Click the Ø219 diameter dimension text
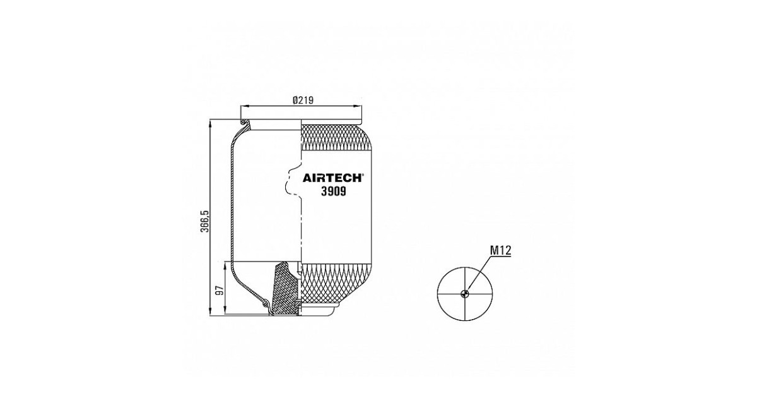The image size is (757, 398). click(303, 100)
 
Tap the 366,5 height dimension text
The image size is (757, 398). click(205, 221)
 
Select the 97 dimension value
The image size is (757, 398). click(220, 291)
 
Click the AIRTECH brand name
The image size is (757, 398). click(332, 178)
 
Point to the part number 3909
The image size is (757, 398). click(334, 191)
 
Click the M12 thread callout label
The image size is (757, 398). click(501, 250)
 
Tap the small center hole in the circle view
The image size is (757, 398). click(465, 294)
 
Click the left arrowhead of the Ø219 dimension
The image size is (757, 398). click(244, 107)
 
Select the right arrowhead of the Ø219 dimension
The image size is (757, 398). click(358, 107)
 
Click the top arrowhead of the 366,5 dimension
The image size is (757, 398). click(211, 123)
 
